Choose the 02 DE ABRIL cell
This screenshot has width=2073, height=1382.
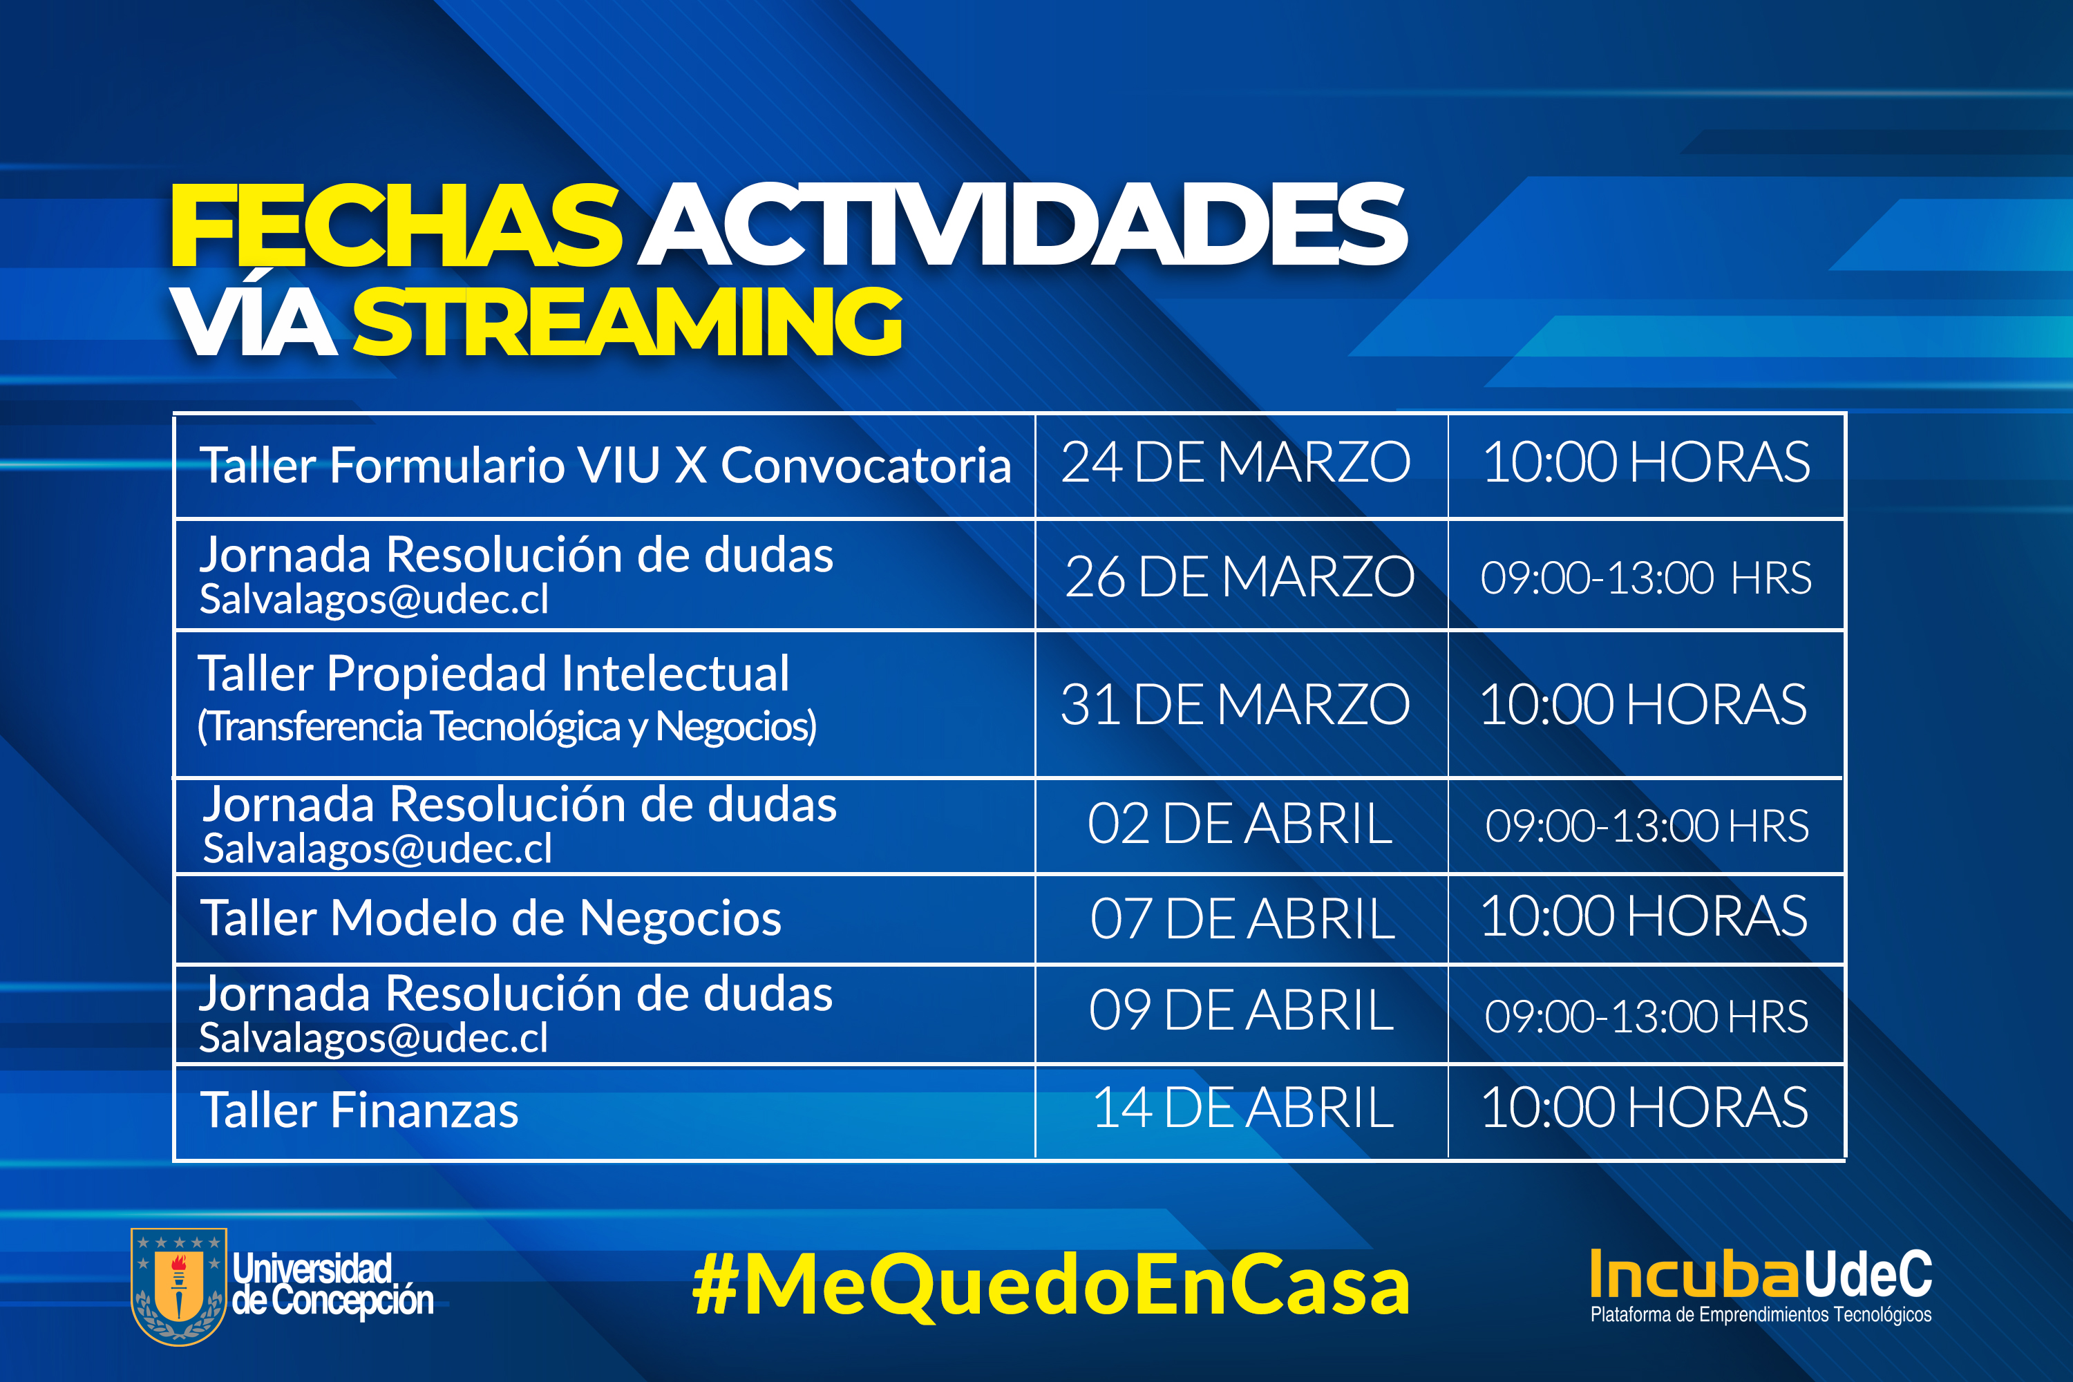click(1240, 824)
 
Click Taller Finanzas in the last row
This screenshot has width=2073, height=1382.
click(359, 1110)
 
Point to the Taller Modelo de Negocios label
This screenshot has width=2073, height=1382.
click(491, 918)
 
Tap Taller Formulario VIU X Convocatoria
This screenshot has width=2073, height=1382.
click(605, 464)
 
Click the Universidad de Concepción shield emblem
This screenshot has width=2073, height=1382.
click(179, 1287)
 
